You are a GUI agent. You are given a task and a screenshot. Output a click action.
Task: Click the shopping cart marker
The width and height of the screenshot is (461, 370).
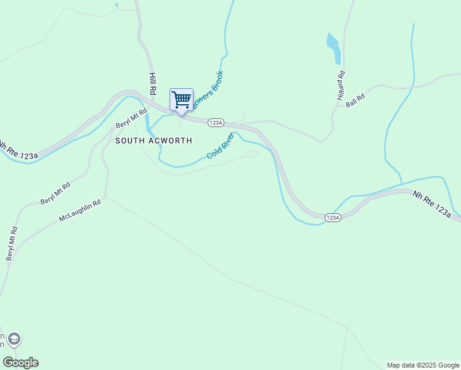[x=181, y=100]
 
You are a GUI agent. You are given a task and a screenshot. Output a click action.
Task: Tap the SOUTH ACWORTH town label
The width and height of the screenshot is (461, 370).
[x=153, y=141]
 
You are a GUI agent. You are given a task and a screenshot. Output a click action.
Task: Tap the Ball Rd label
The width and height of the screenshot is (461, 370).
[x=356, y=101]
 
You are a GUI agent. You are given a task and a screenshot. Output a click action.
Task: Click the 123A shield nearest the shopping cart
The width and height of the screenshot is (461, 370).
[x=215, y=123]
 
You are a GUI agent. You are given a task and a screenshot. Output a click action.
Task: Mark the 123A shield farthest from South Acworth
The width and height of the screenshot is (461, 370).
[x=332, y=218]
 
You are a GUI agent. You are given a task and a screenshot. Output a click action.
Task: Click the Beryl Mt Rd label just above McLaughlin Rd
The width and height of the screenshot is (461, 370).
[x=55, y=193]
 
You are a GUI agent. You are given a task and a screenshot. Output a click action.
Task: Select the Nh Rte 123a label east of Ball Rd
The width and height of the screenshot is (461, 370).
[x=436, y=204]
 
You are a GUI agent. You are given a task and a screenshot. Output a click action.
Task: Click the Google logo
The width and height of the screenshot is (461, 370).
[x=20, y=363]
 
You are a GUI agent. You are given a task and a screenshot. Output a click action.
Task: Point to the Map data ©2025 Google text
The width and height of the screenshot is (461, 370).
[x=423, y=365]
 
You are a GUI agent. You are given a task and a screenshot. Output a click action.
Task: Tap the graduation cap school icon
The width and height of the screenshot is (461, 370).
[x=14, y=339]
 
